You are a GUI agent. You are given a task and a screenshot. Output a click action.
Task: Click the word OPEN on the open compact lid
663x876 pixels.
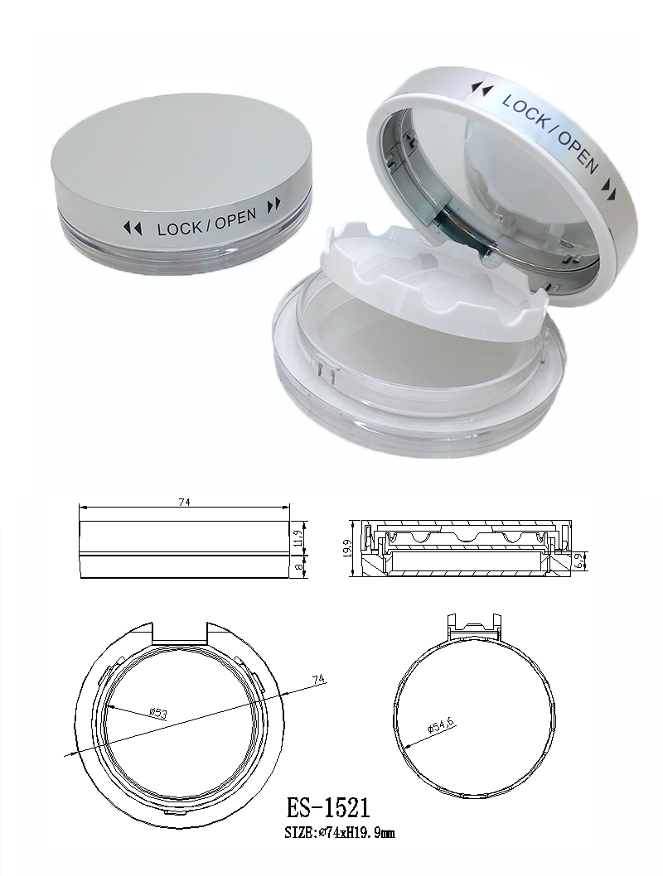point(576,151)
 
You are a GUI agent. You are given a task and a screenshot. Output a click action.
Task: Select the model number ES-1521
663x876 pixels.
point(327,808)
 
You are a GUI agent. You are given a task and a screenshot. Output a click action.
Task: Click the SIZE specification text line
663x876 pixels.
point(340,833)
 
